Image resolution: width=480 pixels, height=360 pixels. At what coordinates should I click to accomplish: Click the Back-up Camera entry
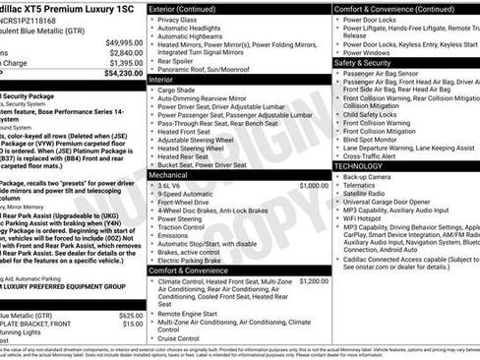click(376, 176)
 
